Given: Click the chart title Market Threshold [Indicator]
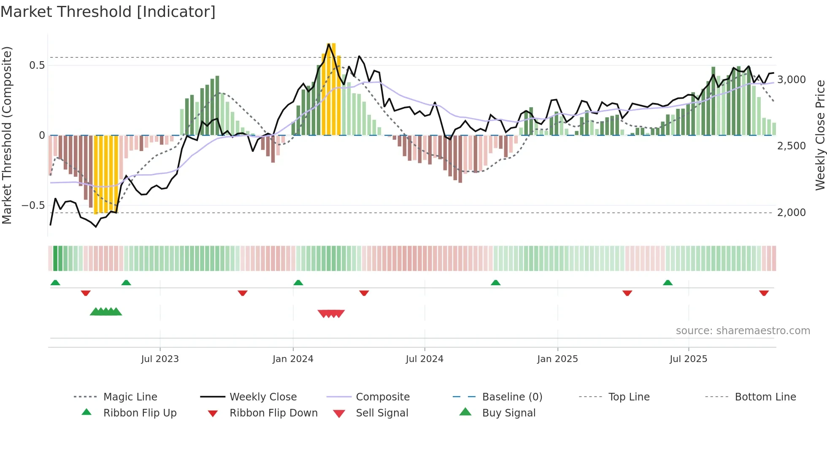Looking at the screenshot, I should click(108, 12).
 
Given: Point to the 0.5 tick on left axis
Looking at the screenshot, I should click(37, 65).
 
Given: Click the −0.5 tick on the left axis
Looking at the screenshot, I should click(33, 205).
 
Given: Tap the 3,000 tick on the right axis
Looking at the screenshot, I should click(792, 80).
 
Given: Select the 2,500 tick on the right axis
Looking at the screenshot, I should click(792, 146).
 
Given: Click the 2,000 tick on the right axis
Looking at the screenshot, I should click(792, 213).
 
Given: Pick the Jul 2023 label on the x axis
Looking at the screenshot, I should click(160, 359).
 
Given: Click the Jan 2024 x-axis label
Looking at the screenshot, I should click(293, 359).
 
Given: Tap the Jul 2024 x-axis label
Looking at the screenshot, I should click(424, 359).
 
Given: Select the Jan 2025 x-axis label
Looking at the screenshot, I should click(557, 359).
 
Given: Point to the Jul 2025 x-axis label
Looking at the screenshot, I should click(688, 359).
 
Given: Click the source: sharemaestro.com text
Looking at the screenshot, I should click(743, 331).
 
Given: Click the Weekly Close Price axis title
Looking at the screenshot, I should click(820, 135).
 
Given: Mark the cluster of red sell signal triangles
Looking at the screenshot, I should click(331, 314).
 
